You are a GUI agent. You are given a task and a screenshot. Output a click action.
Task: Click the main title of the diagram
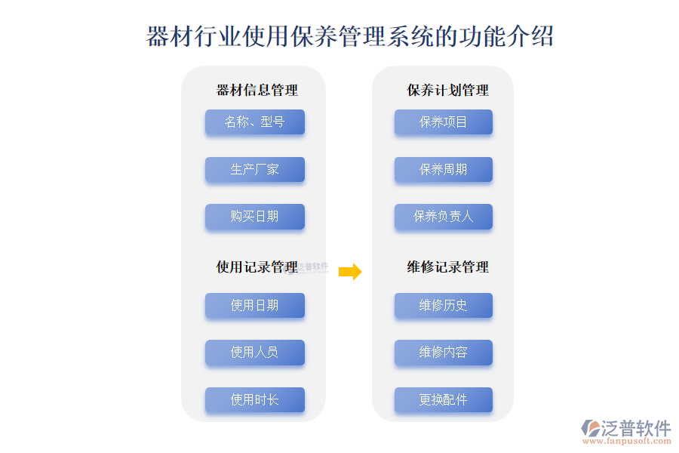350,36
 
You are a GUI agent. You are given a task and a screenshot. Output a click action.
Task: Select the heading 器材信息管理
257,90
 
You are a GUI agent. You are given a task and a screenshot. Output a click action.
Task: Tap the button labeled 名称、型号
255,122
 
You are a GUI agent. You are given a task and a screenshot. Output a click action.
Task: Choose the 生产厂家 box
255,169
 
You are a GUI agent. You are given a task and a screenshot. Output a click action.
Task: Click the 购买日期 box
255,217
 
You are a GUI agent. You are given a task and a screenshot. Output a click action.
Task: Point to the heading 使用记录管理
257,267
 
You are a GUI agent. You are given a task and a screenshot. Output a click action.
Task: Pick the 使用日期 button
255,305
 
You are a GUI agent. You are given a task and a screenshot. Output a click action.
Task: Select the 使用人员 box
255,352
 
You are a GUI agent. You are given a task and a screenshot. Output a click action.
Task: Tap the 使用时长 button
255,399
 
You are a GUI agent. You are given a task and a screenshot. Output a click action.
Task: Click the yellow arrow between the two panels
350,272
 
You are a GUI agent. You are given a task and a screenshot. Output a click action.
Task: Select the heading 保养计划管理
447,90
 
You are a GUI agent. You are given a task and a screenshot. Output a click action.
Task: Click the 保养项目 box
444,122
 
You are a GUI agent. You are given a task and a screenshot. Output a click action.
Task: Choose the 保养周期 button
444,169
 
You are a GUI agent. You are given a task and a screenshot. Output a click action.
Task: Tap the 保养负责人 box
444,217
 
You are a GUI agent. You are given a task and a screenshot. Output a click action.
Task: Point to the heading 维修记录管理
447,267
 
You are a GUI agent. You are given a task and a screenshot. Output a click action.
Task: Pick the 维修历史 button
444,305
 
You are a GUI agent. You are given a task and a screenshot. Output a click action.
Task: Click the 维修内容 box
444,352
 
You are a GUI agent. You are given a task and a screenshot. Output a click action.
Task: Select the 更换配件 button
444,399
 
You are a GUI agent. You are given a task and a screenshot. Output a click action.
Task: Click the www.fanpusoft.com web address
627,441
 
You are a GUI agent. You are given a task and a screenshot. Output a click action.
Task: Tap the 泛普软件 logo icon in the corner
591,428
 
